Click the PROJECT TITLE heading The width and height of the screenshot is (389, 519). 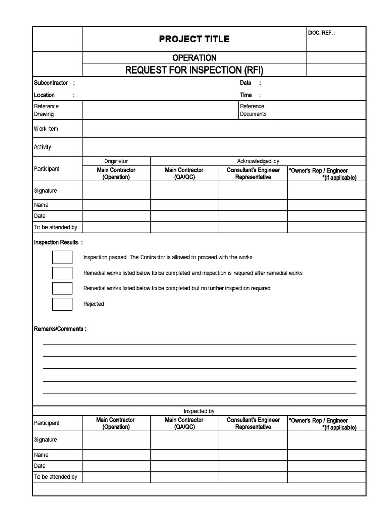(194, 39)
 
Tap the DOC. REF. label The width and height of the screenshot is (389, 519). (322, 33)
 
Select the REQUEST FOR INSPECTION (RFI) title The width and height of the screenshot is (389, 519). (194, 70)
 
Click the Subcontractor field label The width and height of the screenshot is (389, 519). (51, 83)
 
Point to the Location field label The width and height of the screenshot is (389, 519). (45, 95)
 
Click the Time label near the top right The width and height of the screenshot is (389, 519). (246, 95)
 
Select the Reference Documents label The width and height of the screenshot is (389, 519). (253, 110)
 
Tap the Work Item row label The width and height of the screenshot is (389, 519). (46, 129)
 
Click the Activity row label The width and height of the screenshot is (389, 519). (43, 147)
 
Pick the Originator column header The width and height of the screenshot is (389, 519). (116, 161)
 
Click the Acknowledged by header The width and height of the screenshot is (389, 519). (258, 161)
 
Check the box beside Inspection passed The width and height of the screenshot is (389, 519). (62, 257)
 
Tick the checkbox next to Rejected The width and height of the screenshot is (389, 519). (62, 304)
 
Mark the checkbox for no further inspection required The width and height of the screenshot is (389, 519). (62, 288)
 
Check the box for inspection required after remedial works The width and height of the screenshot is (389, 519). (62, 273)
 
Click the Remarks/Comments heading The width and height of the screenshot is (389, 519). (59, 329)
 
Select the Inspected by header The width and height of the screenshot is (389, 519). (199, 411)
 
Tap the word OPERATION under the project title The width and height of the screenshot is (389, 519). (194, 58)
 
